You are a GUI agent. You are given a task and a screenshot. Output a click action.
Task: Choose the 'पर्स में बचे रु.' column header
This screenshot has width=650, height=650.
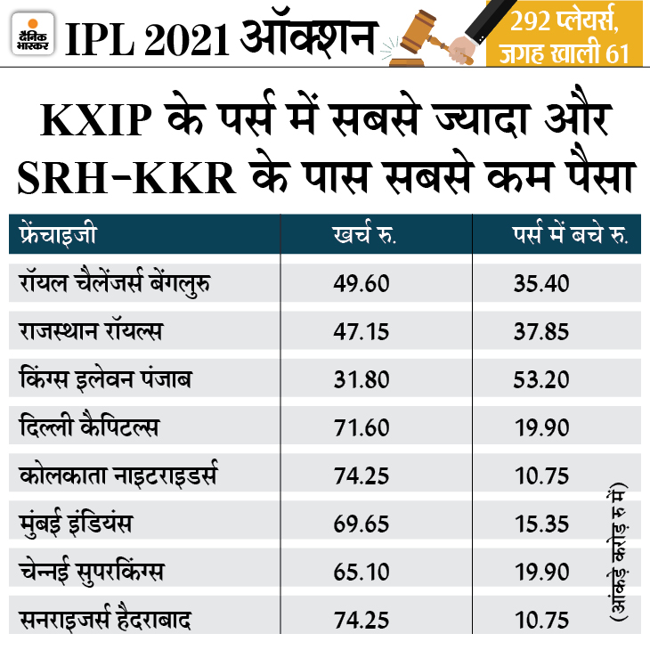[569, 237]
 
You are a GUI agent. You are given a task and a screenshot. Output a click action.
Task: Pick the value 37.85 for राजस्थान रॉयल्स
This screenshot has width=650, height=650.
[541, 331]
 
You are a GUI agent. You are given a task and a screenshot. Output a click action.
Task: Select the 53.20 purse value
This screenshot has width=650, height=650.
[541, 379]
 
